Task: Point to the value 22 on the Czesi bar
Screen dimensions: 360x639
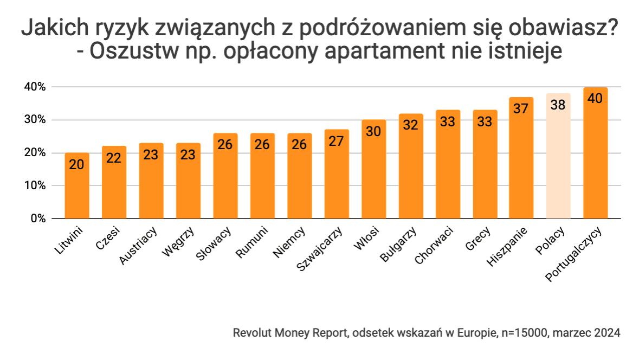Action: click(114, 158)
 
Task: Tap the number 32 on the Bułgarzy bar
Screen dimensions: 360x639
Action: click(410, 125)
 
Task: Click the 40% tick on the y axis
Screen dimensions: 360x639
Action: click(34, 87)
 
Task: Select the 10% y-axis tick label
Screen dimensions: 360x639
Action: click(34, 186)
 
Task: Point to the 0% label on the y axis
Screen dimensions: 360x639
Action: click(37, 219)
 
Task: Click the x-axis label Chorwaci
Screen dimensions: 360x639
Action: click(434, 245)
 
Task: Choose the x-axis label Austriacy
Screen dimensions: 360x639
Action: click(138, 245)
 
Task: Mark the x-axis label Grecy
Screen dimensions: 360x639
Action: click(477, 239)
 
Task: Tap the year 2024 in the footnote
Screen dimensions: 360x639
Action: click(606, 332)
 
